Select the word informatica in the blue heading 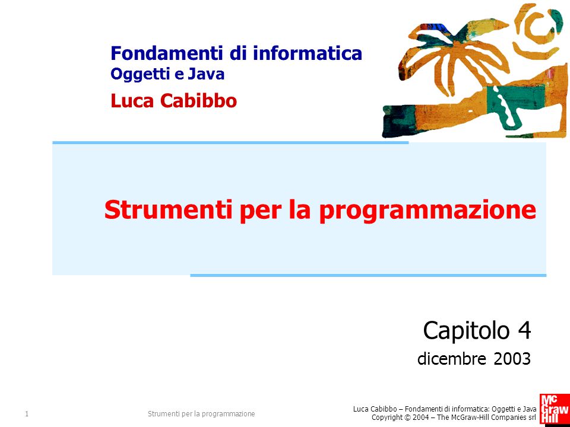click(308, 53)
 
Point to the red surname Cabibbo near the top click(198, 101)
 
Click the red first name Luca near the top click(132, 101)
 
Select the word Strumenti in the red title click(168, 210)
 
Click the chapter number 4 click(524, 330)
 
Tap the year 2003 click(512, 359)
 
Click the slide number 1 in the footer click(27, 413)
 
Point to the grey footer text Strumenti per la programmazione click(201, 414)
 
